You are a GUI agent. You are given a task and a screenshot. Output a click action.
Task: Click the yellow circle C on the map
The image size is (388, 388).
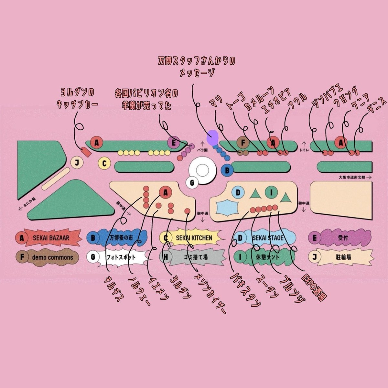pyautogui.click(x=104, y=164)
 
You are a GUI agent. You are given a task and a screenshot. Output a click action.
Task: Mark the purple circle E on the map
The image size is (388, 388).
pyautogui.click(x=174, y=142)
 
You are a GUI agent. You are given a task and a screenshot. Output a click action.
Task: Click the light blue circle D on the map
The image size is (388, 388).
pyautogui.click(x=238, y=193)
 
